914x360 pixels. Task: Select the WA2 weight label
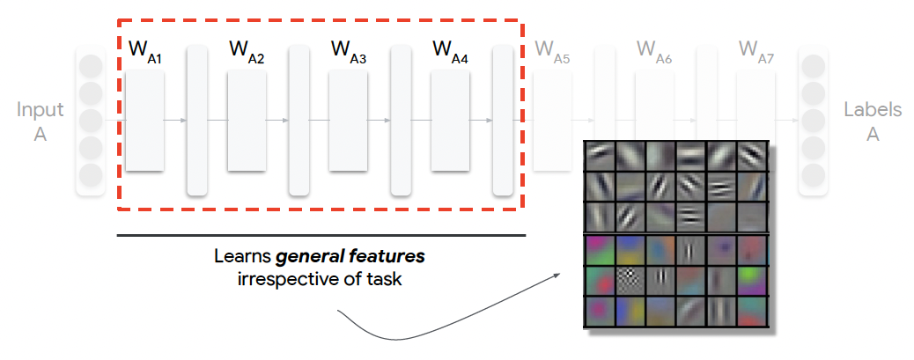click(x=247, y=52)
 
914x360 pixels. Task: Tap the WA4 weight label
click(x=450, y=52)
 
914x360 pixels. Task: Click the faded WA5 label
click(x=552, y=52)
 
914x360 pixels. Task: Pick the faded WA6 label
click(x=654, y=52)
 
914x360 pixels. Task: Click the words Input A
click(x=41, y=122)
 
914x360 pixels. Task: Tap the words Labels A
click(x=873, y=122)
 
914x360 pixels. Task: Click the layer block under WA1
click(x=144, y=121)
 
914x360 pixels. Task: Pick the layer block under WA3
click(x=348, y=121)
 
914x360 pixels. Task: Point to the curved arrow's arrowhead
click(x=556, y=276)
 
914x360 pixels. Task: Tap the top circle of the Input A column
click(x=91, y=66)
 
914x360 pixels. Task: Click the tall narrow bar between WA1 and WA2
click(x=197, y=121)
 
